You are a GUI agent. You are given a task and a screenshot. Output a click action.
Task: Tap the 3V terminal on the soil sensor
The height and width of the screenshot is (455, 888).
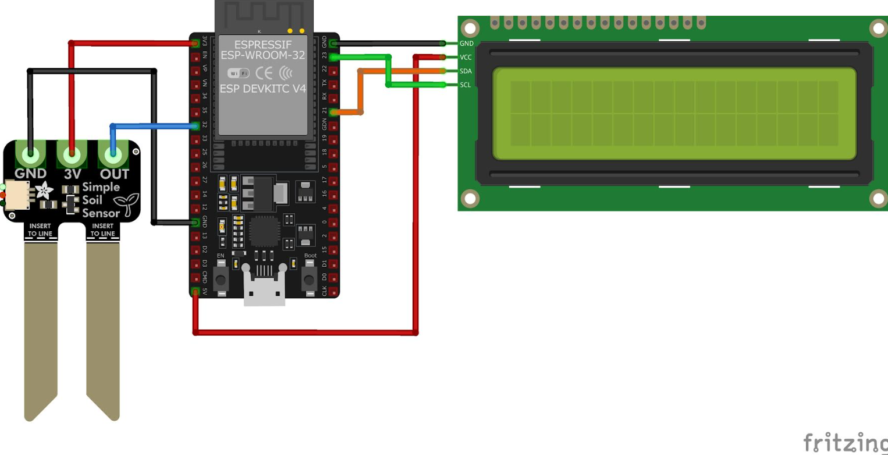72,156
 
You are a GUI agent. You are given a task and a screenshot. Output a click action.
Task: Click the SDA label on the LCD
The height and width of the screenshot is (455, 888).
466,71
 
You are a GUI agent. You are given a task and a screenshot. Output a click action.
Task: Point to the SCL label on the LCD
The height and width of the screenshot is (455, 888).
466,85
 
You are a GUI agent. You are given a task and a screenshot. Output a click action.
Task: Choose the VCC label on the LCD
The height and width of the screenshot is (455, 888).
466,57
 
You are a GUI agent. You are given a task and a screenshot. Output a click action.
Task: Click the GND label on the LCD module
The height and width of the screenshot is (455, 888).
466,43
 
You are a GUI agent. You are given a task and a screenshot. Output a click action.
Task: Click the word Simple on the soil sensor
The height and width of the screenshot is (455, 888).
101,187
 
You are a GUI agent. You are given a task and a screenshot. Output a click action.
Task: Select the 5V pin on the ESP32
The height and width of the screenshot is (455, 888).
196,291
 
